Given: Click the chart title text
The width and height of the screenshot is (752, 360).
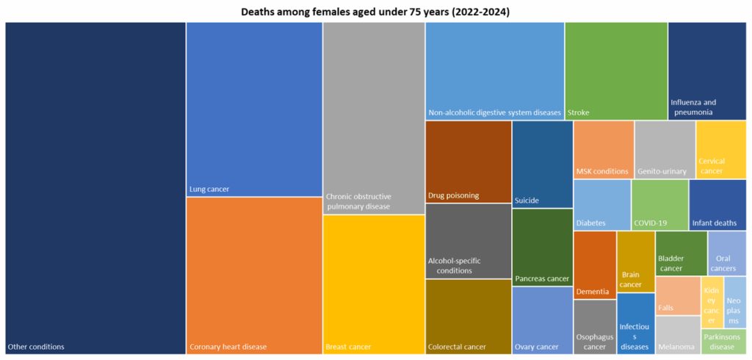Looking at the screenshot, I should (375, 12).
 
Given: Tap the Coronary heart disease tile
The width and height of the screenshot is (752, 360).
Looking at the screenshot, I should (254, 276).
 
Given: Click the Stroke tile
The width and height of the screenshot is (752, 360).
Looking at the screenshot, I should (615, 71).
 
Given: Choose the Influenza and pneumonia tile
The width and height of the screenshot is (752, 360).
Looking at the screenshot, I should (706, 70).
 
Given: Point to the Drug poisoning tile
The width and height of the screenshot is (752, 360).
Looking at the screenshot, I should (469, 161).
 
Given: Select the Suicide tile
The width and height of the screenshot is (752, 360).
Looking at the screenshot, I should (542, 164).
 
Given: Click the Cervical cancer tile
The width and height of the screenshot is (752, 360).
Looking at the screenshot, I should (721, 149).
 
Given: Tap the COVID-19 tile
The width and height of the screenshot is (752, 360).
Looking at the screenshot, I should (659, 205).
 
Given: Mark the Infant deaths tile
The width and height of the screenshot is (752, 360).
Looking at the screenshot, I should (717, 205).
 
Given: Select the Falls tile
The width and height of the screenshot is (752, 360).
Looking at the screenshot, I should (677, 295).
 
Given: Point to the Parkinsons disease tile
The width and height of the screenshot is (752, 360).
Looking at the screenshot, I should (723, 342).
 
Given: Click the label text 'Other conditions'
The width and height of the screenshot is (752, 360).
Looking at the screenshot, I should (36, 347).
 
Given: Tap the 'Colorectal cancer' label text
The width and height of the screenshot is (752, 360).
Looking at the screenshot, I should (457, 347).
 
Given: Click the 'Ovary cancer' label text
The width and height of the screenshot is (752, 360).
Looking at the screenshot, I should (537, 347).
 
